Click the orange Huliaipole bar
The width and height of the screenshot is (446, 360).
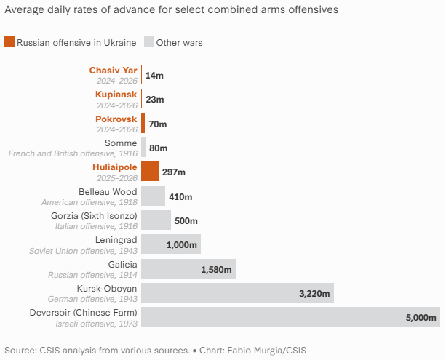click(150, 172)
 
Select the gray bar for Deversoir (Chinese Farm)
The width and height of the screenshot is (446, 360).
click(290, 317)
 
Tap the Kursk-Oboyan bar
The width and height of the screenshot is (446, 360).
click(237, 293)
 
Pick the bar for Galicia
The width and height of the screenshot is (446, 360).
click(188, 269)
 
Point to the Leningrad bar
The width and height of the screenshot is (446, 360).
click(170, 244)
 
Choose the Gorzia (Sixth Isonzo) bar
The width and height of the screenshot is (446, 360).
click(156, 220)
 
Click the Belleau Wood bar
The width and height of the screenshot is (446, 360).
click(153, 196)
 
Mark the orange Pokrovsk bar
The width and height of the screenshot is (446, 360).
click(143, 124)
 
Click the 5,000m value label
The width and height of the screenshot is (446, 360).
click(421, 318)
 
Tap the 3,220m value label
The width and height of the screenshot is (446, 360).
click(315, 294)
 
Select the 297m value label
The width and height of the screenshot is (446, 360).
click(174, 172)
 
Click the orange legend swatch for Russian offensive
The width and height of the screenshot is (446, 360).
click(9, 42)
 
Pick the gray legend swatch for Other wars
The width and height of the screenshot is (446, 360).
click(149, 42)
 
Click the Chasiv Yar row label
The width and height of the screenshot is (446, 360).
click(108, 70)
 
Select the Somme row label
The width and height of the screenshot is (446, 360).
click(121, 143)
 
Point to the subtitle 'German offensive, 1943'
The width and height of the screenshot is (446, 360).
click(92, 299)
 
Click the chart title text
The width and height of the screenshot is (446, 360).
click(171, 10)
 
